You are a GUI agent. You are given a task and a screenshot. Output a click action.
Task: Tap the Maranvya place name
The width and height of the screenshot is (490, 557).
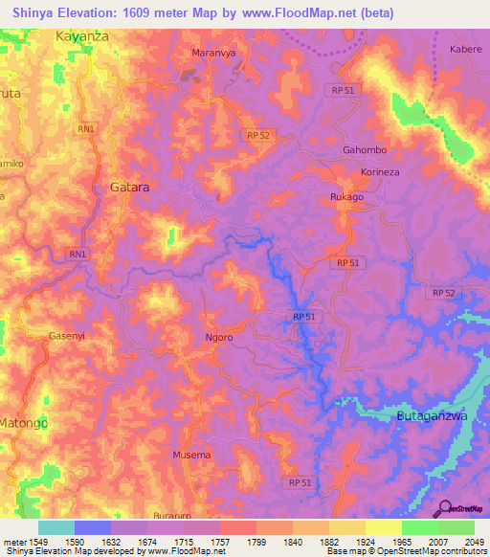(x=213, y=53)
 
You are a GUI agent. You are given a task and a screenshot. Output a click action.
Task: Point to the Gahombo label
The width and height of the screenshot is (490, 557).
(x=364, y=150)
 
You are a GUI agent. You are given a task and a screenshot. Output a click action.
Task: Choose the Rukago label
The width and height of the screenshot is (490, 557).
(x=346, y=197)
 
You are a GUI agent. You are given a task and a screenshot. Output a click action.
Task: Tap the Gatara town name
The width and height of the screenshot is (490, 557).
(x=129, y=188)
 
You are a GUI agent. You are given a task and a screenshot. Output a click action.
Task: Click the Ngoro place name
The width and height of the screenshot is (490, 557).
(x=220, y=338)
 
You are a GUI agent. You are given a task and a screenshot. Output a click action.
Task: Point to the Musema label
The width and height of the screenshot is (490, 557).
(x=191, y=455)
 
